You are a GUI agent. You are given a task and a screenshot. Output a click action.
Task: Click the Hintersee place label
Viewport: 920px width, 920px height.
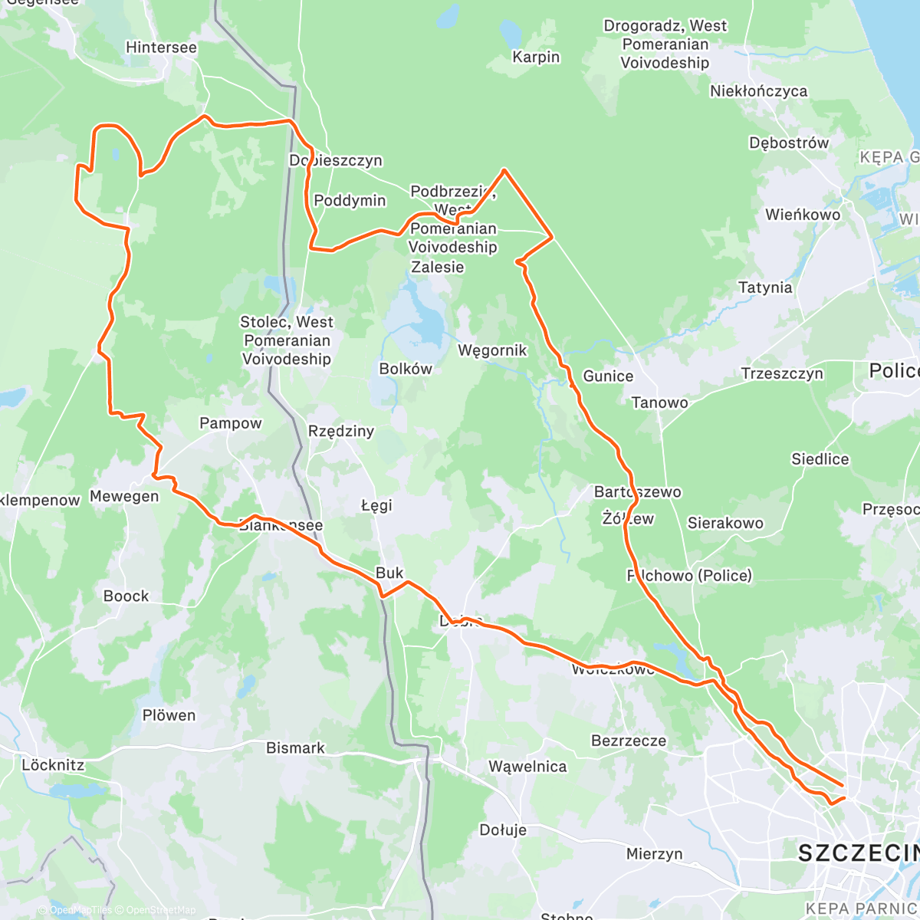click(161, 48)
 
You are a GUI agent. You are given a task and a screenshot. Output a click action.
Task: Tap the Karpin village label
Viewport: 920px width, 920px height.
click(536, 57)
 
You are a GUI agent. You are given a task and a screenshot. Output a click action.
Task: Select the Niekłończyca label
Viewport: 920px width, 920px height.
click(758, 91)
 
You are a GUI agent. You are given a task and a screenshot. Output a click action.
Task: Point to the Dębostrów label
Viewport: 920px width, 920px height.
click(789, 143)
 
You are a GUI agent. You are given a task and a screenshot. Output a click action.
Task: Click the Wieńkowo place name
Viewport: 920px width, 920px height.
click(803, 215)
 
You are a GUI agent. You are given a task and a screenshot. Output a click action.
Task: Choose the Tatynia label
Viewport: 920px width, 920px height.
click(764, 287)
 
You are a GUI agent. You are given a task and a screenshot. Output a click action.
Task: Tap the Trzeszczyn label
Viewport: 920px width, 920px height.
click(782, 373)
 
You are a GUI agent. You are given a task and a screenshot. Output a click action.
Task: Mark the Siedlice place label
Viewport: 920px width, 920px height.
click(820, 459)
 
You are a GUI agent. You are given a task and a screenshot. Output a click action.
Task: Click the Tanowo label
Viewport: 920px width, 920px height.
click(659, 402)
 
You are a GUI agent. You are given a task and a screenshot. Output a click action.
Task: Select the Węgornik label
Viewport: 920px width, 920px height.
click(492, 350)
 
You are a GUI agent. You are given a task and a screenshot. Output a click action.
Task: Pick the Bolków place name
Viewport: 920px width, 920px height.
click(406, 369)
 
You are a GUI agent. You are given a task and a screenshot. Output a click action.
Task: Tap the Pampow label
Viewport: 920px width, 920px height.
click(230, 423)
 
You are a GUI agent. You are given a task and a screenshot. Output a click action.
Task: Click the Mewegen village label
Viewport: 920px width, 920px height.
click(124, 496)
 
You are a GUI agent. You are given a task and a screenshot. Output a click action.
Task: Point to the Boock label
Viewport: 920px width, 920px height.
click(126, 596)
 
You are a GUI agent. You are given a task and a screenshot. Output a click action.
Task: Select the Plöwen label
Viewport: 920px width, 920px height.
click(169, 715)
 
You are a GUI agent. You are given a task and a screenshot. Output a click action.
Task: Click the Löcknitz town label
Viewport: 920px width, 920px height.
click(53, 765)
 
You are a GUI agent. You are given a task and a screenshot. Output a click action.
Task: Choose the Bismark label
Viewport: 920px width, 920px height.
click(295, 747)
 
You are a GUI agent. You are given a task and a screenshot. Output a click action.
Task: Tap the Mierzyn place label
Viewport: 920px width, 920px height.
click(654, 853)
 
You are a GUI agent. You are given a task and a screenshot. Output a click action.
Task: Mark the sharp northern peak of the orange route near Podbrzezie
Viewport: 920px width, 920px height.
click(504, 169)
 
